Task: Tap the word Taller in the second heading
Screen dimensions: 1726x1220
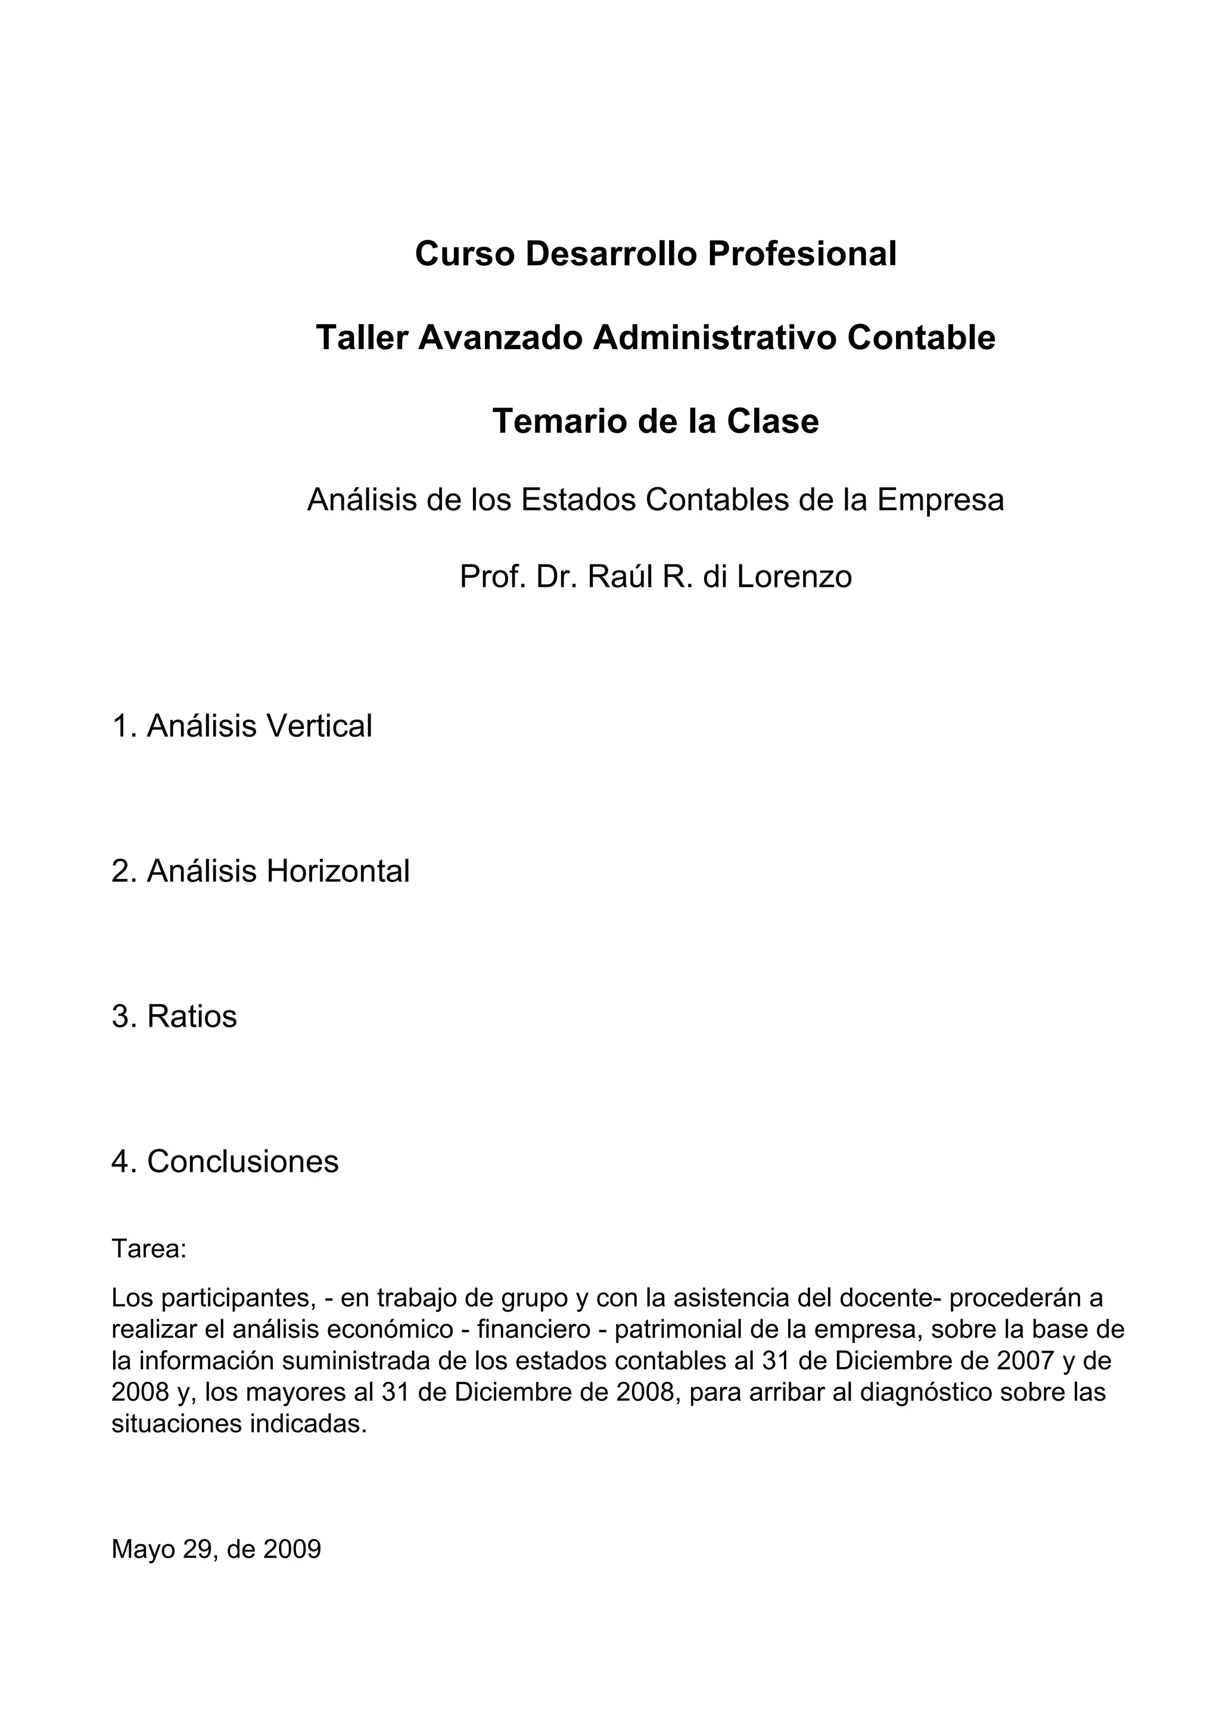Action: pos(361,338)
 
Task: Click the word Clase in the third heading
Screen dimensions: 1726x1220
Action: pos(772,421)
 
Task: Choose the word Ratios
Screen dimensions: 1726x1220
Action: pos(192,1016)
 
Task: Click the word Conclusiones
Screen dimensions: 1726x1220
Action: pos(243,1161)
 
